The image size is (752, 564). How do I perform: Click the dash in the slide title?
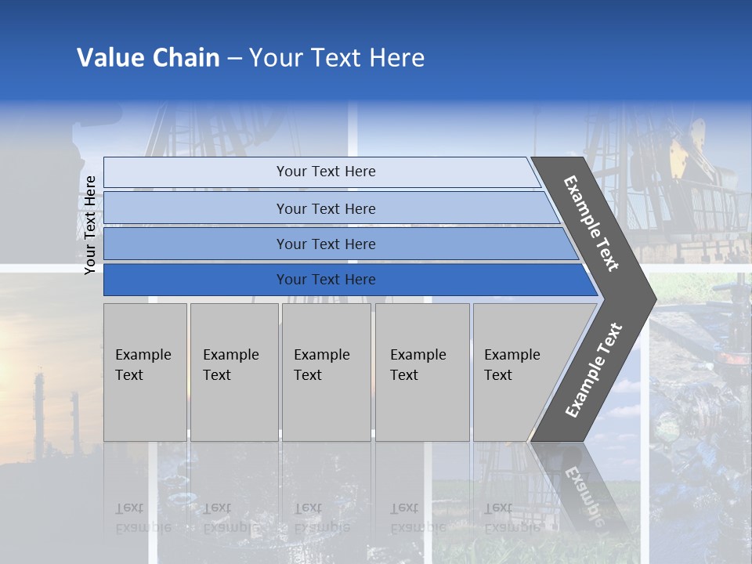[x=234, y=59]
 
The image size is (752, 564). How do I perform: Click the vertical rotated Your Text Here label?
[x=90, y=225]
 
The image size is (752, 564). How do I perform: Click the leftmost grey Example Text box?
[x=145, y=372]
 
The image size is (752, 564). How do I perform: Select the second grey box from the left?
[x=234, y=372]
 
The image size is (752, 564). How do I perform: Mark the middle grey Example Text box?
[x=326, y=372]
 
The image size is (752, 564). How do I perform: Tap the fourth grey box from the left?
[x=422, y=372]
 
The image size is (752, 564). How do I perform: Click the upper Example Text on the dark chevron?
[x=591, y=223]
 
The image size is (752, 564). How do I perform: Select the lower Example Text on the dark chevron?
[x=594, y=370]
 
